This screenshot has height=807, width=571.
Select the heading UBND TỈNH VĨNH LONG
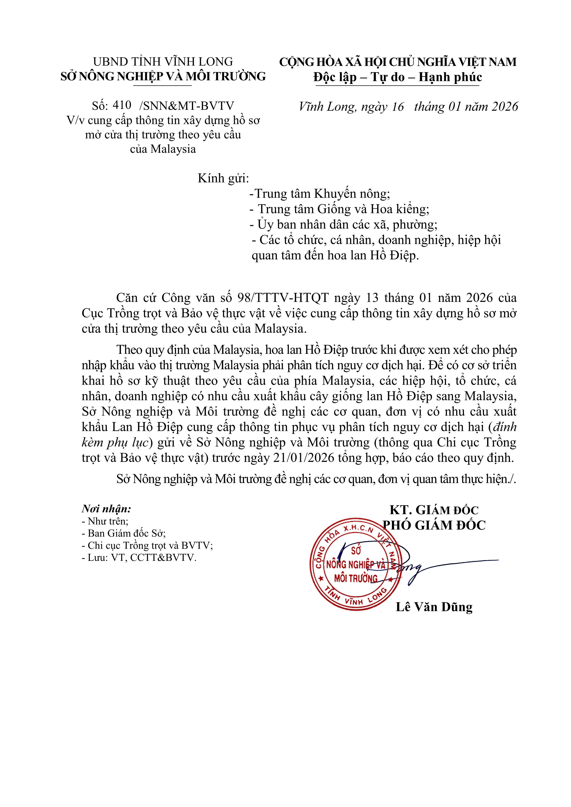tap(163, 62)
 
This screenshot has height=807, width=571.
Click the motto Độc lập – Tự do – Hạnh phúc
tap(398, 77)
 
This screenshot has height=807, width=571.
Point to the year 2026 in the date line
tap(505, 107)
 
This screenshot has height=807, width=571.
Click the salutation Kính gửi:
tap(223, 179)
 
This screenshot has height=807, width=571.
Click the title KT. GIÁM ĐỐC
tap(434, 510)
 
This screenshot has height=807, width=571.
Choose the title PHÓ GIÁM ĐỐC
tap(434, 525)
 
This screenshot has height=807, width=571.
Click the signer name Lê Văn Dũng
tap(434, 607)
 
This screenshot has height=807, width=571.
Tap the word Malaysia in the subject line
tap(173, 149)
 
